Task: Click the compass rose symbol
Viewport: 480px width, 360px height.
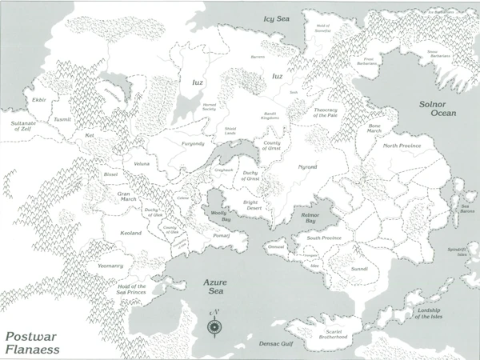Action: (214, 325)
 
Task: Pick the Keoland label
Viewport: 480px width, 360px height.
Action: (130, 232)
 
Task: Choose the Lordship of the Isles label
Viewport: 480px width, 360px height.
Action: (438, 313)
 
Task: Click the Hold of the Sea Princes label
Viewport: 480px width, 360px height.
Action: (132, 290)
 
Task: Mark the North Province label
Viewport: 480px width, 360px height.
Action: (402, 146)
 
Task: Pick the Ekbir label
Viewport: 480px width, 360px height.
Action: (40, 102)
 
